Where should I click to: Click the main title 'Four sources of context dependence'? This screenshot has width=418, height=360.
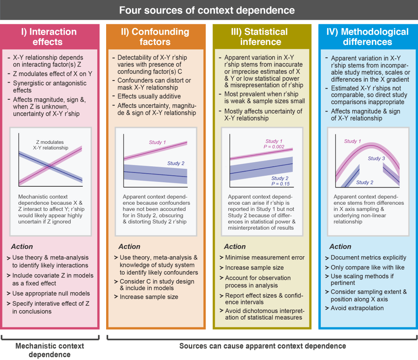click(207, 10)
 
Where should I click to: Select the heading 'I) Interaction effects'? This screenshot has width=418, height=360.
click(49, 37)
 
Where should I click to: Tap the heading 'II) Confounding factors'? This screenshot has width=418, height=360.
click(155, 37)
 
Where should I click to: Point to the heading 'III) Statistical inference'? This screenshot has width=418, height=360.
click(260, 37)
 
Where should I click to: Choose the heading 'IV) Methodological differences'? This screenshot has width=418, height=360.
click(367, 37)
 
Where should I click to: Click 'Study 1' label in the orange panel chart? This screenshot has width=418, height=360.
click(157, 143)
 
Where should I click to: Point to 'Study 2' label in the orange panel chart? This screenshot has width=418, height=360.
click(176, 163)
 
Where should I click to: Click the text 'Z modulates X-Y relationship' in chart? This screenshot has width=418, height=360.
click(49, 145)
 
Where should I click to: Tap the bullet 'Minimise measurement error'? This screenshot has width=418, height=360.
click(265, 257)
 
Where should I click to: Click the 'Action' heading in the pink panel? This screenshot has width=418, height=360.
click(22, 247)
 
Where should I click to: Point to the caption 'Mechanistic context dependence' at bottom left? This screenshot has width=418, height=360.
click(49, 350)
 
